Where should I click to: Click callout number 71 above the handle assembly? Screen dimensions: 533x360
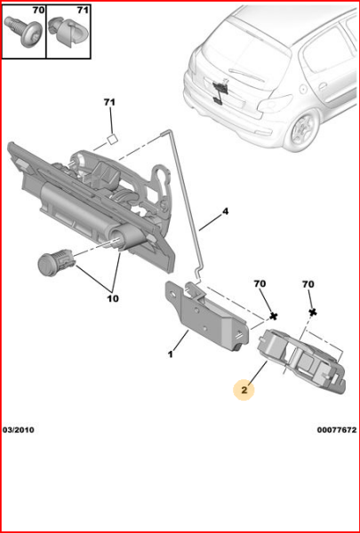click(x=109, y=103)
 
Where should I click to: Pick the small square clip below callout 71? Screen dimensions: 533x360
click(x=112, y=138)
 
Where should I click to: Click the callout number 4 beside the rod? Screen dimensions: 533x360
click(x=225, y=211)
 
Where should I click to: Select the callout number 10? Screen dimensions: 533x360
click(x=112, y=298)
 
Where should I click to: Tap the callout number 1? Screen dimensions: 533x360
click(x=171, y=355)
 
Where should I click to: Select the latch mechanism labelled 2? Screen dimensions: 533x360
click(x=302, y=359)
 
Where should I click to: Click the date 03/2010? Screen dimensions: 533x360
click(x=19, y=430)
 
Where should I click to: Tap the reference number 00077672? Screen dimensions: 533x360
click(x=336, y=430)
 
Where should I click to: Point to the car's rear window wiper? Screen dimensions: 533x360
click(x=244, y=72)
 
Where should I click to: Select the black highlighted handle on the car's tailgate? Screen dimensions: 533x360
click(x=220, y=89)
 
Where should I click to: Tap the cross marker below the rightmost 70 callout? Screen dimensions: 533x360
click(x=313, y=313)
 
